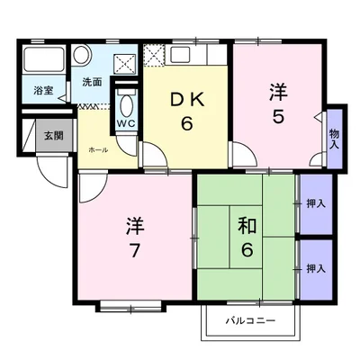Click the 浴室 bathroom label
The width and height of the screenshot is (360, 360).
coord(43,91)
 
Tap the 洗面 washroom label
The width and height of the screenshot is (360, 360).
coord(92,82)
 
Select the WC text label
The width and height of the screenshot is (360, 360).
coord(126,123)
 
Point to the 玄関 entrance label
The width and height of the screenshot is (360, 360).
coord(54,136)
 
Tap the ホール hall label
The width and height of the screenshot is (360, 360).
coord(98,150)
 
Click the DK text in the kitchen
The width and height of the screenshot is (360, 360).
coord(187,100)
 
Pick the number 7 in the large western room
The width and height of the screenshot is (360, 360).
coord(134,250)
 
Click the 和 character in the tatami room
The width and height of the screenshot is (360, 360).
coord(247,226)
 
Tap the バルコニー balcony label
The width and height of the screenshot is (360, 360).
coord(250,321)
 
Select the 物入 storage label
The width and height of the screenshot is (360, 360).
coord(334,139)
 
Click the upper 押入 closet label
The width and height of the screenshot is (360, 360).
coord(316,204)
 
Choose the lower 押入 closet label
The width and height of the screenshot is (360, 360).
coord(316,268)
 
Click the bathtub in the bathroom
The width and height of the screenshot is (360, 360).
coord(44,59)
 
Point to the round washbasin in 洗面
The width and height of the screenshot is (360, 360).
coord(82,54)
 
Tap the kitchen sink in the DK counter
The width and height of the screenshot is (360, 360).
coord(180,55)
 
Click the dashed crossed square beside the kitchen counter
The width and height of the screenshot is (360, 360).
coord(154,55)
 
